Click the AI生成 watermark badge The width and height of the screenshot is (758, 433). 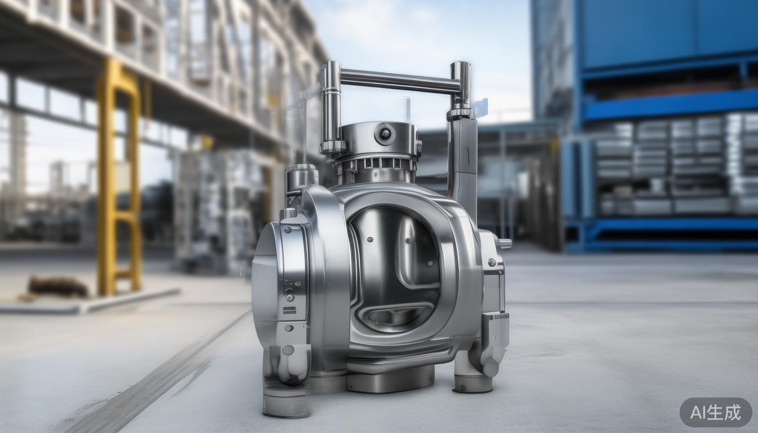(716, 412)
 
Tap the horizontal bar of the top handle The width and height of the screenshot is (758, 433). (400, 81)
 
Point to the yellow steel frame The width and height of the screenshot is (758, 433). (118, 176)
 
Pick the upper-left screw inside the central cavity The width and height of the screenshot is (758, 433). (370, 240)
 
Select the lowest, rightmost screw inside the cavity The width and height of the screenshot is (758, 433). (430, 263)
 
